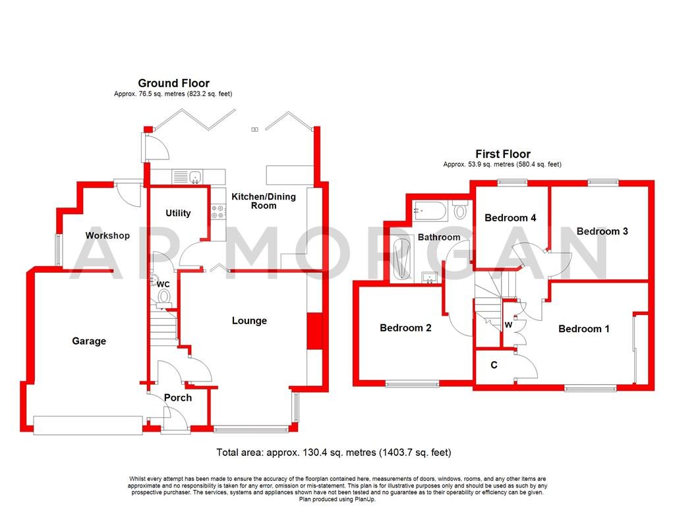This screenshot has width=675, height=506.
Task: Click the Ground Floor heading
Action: tap(173, 83)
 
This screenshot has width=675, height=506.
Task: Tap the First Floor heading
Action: tap(502, 154)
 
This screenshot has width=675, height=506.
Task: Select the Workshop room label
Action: tap(107, 235)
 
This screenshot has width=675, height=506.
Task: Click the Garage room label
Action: tap(89, 341)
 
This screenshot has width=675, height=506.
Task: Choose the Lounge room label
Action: tap(249, 321)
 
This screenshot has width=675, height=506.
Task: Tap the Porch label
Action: tap(178, 397)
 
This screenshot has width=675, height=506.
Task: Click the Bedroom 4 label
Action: tap(510, 218)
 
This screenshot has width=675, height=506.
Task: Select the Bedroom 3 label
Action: tap(602, 231)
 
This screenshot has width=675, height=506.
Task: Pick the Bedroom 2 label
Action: tap(405, 327)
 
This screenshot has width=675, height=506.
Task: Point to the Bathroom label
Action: tap(438, 237)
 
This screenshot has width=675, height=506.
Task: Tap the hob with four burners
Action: tap(218, 211)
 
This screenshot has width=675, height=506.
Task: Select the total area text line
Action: tap(334, 453)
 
